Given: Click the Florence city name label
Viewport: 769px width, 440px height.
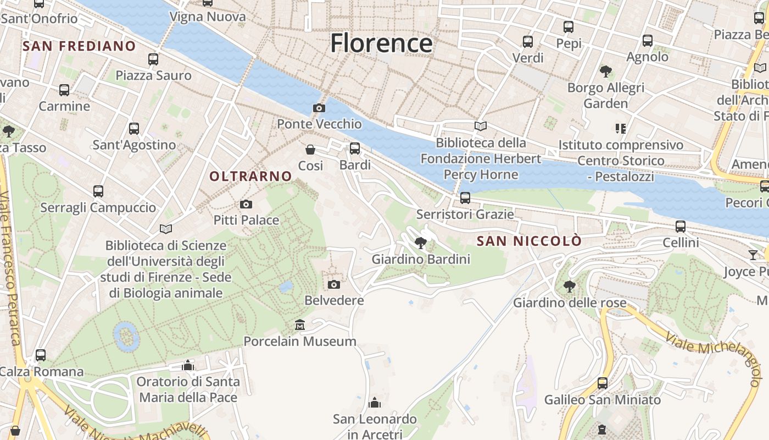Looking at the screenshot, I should [x=381, y=43].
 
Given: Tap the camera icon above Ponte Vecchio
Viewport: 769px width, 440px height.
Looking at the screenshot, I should [x=319, y=108].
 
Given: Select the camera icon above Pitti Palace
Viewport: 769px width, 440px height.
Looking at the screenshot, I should [x=246, y=205].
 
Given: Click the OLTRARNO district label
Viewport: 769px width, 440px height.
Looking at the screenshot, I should [x=250, y=177].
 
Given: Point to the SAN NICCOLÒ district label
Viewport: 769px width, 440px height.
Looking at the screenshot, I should [x=529, y=241].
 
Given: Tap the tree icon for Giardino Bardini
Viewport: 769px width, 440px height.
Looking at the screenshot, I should [x=421, y=243].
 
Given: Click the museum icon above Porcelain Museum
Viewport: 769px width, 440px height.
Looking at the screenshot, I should [x=300, y=325].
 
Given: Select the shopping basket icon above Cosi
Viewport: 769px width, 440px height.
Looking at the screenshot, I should [x=310, y=149].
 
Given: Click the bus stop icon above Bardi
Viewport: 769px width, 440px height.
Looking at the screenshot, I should [x=355, y=148].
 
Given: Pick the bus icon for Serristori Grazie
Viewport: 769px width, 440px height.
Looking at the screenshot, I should [x=465, y=197].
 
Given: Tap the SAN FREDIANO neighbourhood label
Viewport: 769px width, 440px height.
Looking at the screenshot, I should [x=79, y=46].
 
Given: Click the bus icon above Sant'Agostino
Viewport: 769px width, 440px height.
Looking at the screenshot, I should [x=134, y=129].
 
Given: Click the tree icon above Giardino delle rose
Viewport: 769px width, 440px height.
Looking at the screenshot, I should [x=570, y=286].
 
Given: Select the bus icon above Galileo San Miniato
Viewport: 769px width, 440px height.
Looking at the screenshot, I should [x=603, y=383].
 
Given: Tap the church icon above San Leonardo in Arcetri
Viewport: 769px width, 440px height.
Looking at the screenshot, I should [x=375, y=403].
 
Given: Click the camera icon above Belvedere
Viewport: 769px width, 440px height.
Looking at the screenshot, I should [x=333, y=284].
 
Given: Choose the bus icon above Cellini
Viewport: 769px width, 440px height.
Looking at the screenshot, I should [x=681, y=226].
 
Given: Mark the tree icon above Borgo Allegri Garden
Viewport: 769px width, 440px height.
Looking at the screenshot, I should [x=606, y=71].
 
